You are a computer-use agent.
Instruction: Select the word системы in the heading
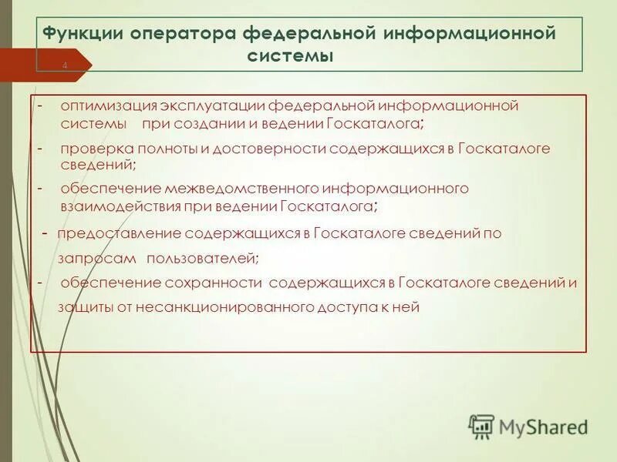click(292, 56)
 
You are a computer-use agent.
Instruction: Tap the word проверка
click(93, 149)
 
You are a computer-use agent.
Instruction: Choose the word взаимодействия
click(120, 206)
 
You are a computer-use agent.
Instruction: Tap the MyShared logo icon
click(481, 426)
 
